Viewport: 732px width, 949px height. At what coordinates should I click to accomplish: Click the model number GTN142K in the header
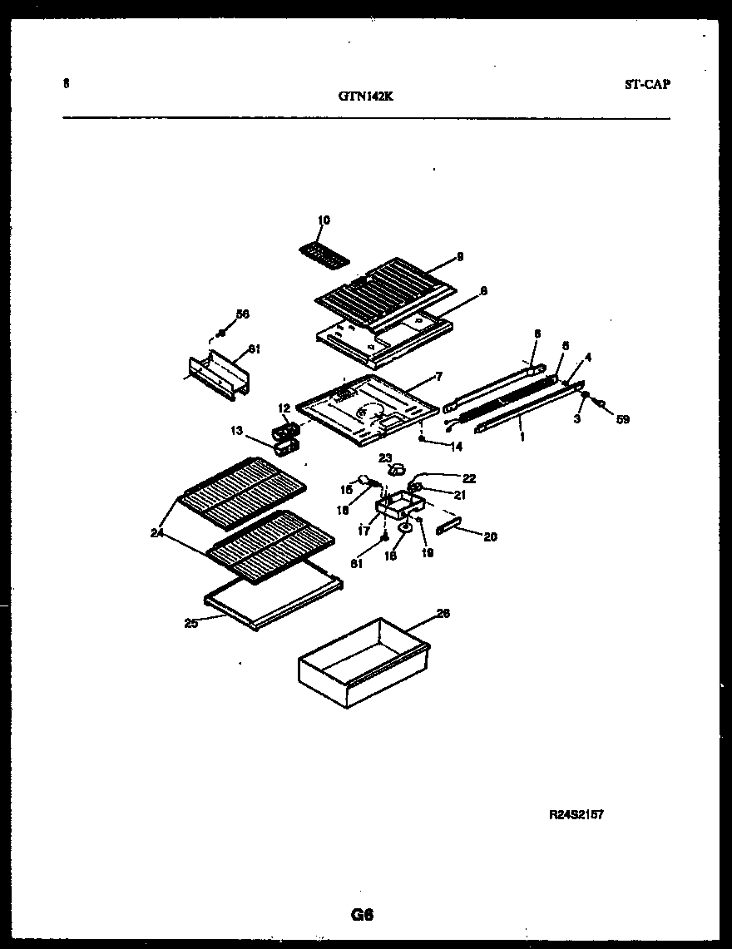365,96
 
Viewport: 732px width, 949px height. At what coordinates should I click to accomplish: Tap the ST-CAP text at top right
646,84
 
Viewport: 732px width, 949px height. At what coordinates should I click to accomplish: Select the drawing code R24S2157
575,814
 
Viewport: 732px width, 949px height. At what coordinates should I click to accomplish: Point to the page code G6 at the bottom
362,916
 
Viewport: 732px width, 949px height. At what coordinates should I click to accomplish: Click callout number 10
324,220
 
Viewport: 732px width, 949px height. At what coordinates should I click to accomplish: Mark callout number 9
459,256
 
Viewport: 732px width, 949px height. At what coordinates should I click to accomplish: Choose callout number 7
438,378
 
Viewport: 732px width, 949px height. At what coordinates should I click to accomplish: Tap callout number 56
242,314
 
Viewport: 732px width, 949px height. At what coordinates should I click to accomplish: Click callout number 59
622,420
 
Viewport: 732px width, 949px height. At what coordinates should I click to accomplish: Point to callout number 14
456,447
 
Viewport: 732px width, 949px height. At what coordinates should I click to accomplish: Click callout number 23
384,457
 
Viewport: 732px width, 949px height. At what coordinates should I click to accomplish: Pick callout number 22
469,477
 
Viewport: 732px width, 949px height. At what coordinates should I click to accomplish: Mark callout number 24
157,533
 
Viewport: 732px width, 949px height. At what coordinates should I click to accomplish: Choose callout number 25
190,623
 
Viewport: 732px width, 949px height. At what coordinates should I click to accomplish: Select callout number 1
522,436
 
